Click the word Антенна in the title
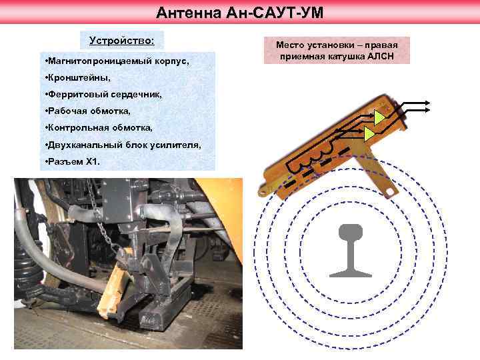pyautogui.click(x=183, y=13)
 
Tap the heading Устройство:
pyautogui.click(x=121, y=41)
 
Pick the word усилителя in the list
pyautogui.click(x=179, y=144)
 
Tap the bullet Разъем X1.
pyautogui.click(x=69, y=161)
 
